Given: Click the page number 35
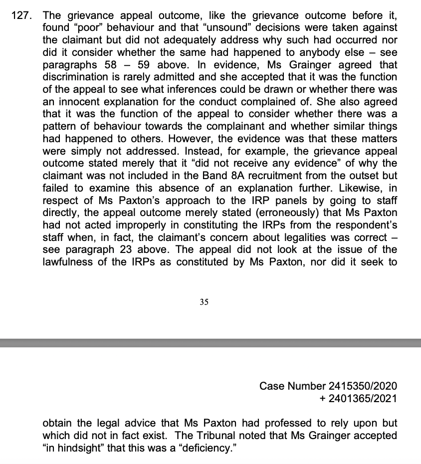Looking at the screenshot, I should [x=204, y=302].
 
